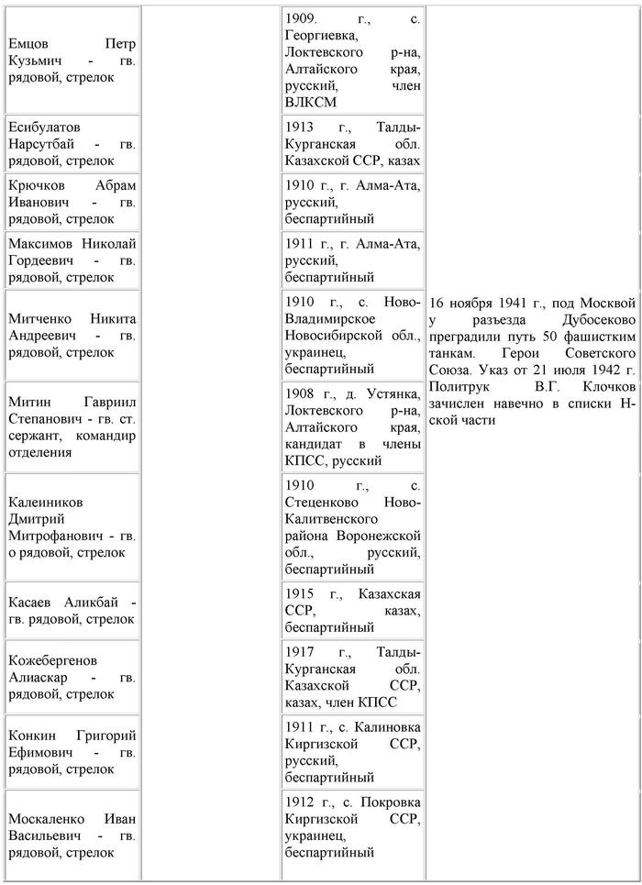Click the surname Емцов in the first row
[30, 43]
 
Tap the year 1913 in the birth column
[301, 127]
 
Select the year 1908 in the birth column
[301, 393]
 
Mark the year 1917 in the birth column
[301, 652]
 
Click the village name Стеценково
[325, 502]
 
